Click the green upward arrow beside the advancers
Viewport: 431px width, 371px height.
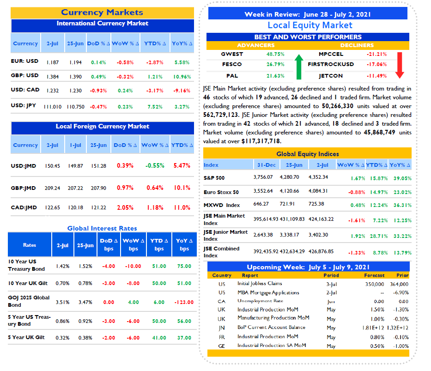coord(299,67)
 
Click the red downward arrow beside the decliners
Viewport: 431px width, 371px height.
coord(400,65)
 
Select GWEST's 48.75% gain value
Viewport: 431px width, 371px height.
coord(275,54)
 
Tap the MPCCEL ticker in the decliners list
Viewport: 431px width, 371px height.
coord(331,54)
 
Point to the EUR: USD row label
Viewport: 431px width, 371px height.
coord(24,61)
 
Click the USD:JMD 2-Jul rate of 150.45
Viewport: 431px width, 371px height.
coord(52,166)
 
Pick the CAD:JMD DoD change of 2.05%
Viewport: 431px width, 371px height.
coord(125,207)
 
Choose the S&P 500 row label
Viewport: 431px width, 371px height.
coord(214,178)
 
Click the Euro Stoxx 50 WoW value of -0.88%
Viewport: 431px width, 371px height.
coord(357,192)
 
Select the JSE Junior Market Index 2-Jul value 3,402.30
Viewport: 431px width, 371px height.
coord(318,235)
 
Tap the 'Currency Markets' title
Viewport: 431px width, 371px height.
coord(102,12)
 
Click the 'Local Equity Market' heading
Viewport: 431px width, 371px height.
coord(310,25)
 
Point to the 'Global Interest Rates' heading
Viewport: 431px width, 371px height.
coord(102,228)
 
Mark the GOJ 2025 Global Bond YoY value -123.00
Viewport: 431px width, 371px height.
coord(184,302)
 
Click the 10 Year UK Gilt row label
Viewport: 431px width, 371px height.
coord(28,283)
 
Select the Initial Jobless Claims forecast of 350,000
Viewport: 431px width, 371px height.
coord(374,284)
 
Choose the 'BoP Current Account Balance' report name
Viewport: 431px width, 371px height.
coord(271,327)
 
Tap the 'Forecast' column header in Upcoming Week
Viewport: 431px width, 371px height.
coord(374,275)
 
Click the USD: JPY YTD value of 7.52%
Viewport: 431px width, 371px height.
coord(155,107)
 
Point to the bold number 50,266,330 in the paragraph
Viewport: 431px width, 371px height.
coord(338,106)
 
